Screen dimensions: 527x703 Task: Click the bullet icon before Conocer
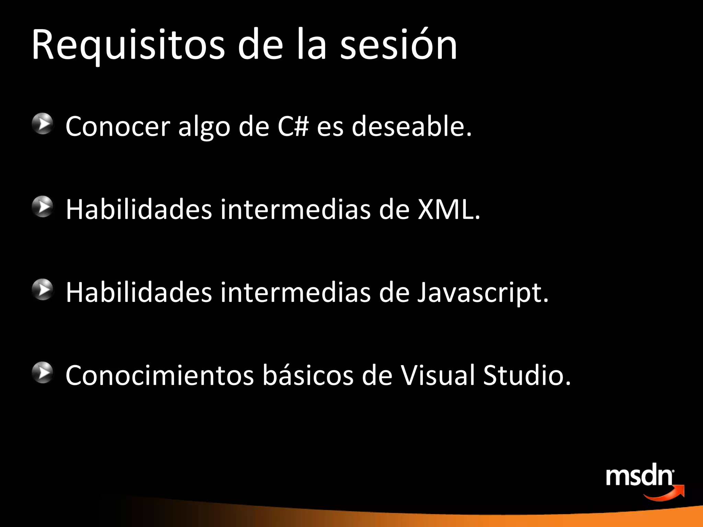point(43,124)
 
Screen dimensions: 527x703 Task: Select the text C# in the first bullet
point(293,126)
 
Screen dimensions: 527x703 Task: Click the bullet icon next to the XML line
point(43,207)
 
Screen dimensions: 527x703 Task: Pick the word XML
point(448,209)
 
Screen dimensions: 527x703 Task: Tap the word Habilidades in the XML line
point(139,209)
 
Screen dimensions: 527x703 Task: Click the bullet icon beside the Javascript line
point(43,290)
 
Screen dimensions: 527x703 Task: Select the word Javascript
point(482,292)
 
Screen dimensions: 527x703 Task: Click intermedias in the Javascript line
point(295,292)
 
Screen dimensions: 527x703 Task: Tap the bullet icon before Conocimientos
point(43,373)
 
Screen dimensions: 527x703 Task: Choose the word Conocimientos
point(160,375)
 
